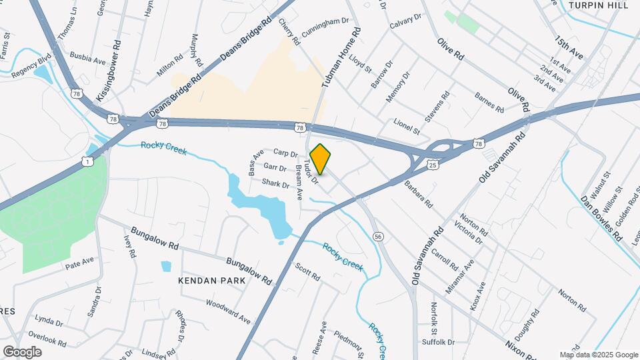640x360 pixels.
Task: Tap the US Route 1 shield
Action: pyautogui.click(x=88, y=161)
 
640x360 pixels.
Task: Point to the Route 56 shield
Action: pyautogui.click(x=378, y=237)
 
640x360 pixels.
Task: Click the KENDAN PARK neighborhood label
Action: pyautogui.click(x=212, y=281)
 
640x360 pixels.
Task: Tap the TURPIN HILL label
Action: pyautogui.click(x=599, y=5)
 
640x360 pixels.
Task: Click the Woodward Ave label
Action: pyautogui.click(x=228, y=311)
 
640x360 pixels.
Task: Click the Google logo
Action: pyautogui.click(x=22, y=351)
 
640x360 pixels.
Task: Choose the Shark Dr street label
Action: pyautogui.click(x=275, y=183)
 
